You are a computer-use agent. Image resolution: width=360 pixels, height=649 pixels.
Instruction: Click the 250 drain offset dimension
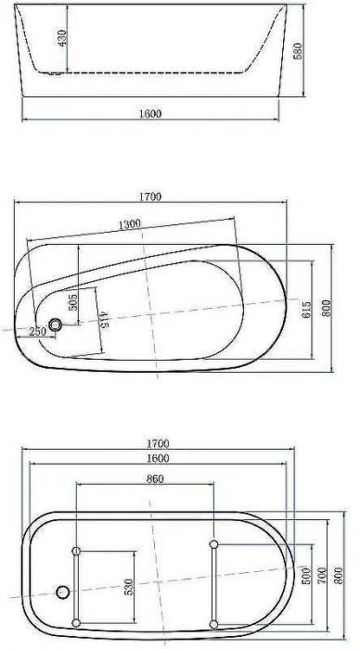click(x=37, y=332)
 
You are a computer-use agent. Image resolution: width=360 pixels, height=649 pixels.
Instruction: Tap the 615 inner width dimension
click(x=306, y=312)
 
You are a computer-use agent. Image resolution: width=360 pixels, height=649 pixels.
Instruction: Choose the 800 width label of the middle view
click(x=326, y=307)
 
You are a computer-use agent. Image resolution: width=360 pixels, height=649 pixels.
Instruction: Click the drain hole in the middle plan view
click(x=57, y=325)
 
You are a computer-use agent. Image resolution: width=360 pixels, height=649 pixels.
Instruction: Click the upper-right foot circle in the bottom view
click(x=214, y=543)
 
